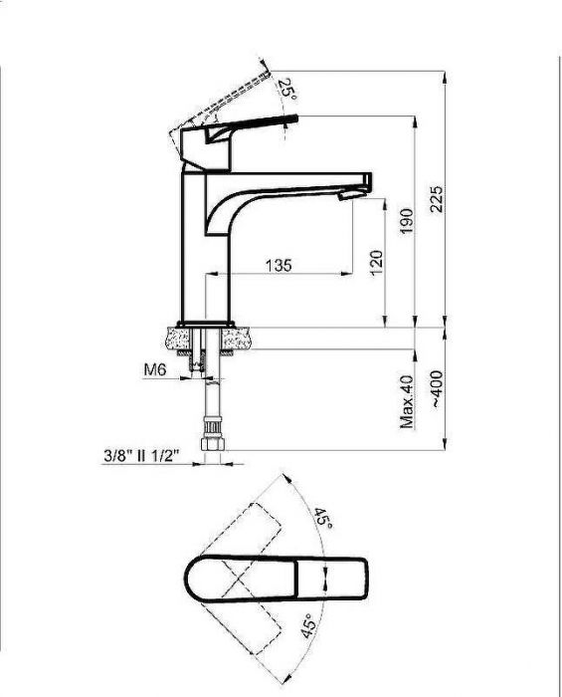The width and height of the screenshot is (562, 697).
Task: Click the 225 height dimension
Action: (x=437, y=199)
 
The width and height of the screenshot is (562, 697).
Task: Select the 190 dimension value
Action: (x=406, y=221)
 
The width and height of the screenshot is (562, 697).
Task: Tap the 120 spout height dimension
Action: (x=376, y=263)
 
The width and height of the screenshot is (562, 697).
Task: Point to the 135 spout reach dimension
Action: (x=279, y=265)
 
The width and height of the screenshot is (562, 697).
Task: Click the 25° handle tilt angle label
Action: (x=287, y=88)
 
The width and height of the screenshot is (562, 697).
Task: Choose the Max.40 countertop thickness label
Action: (x=407, y=401)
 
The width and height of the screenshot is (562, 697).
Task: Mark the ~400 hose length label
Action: (x=437, y=389)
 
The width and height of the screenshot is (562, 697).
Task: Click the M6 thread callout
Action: (x=155, y=368)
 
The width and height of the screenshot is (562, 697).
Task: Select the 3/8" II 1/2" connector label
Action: (x=140, y=456)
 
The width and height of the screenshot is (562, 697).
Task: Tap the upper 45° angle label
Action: (x=323, y=518)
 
